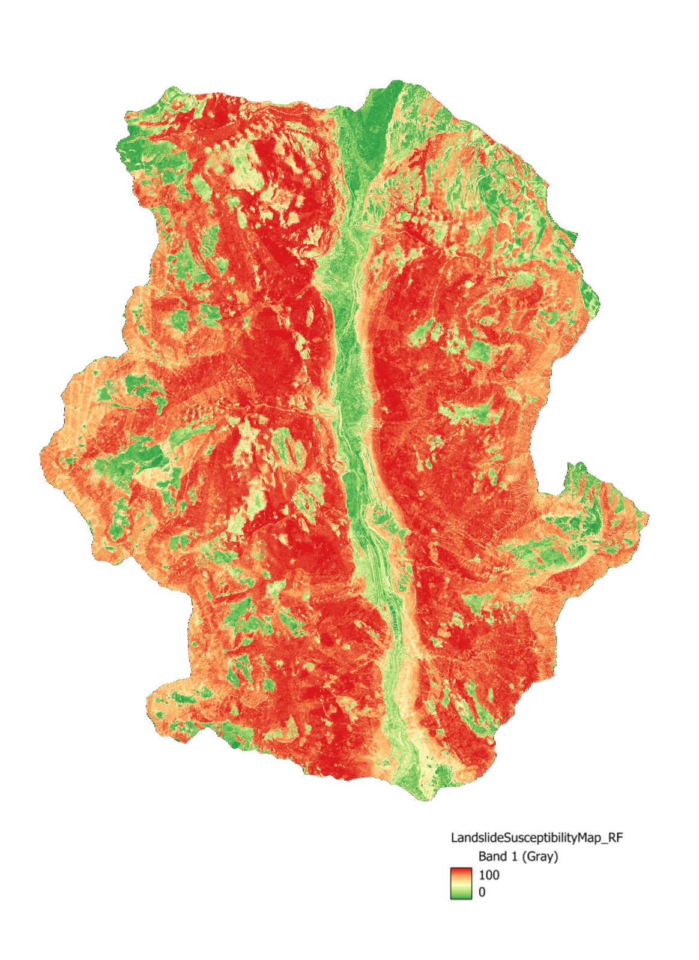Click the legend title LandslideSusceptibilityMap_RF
tap(536, 837)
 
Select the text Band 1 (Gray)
tap(518, 856)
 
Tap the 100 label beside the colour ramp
tap(489, 875)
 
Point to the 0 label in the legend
tap(482, 892)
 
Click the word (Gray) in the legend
tap(539, 856)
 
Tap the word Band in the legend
tap(492, 856)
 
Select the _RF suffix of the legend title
tap(613, 837)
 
